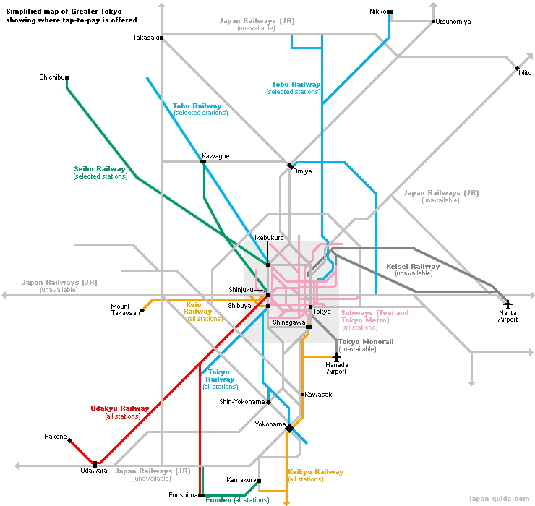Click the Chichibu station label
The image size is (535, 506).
click(53, 77)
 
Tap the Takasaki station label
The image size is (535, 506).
click(145, 38)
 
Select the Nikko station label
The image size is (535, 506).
click(377, 12)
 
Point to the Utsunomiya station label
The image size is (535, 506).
click(453, 22)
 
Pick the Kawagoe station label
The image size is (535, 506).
click(215, 156)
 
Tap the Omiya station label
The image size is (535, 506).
click(302, 171)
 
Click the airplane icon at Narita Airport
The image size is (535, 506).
click(508, 304)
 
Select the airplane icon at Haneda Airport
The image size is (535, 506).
click(336, 357)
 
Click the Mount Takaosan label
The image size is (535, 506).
click(125, 310)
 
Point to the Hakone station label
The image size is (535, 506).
click(56, 437)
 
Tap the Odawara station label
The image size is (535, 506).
click(94, 471)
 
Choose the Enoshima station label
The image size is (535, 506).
click(182, 495)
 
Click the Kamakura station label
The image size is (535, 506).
click(241, 480)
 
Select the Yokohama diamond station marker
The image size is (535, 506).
click(289, 428)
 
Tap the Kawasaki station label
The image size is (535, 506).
click(319, 395)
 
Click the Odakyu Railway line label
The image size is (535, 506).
click(120, 408)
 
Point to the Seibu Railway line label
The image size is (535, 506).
click(100, 169)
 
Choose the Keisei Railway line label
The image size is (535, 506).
click(413, 267)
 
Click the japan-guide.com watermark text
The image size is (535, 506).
click(499, 498)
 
